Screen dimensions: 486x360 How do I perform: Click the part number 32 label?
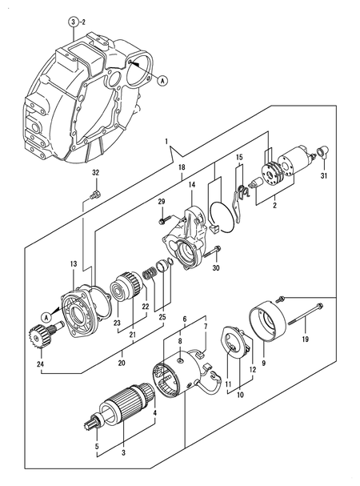[95, 173]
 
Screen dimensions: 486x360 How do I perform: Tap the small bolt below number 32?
[96, 193]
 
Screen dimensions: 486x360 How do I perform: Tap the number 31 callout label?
[325, 176]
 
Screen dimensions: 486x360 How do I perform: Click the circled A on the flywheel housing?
[162, 80]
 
